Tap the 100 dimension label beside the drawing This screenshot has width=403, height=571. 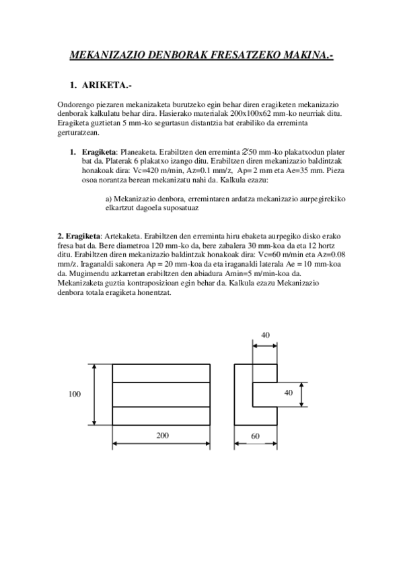click(x=74, y=395)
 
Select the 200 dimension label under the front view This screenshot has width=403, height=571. click(x=162, y=436)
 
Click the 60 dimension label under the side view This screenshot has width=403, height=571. click(x=255, y=436)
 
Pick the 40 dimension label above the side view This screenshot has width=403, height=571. click(x=265, y=335)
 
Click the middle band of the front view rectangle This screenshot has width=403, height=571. click(x=161, y=395)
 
